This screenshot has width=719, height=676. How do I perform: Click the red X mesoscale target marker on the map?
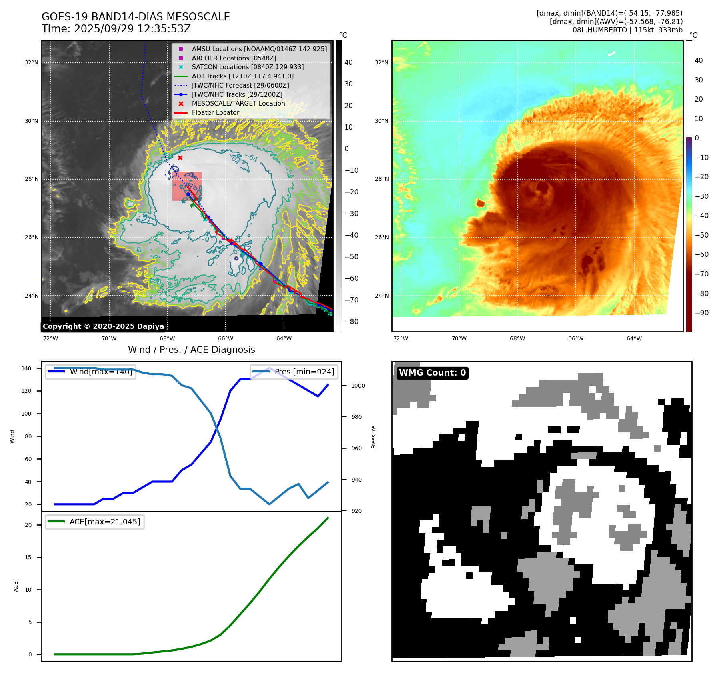pos(180,158)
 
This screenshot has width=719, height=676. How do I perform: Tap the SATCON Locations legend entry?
pos(248,67)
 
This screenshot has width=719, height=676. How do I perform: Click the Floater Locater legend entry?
pos(215,112)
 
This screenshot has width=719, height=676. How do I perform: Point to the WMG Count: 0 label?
pos(432,373)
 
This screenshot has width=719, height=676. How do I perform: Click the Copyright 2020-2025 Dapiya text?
pos(103,326)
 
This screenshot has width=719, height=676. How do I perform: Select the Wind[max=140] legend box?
pos(90,372)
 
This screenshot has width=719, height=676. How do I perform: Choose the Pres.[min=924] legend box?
pos(294,372)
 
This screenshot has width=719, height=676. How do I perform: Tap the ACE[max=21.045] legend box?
pos(95,522)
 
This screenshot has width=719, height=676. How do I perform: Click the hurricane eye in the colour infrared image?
pos(542,187)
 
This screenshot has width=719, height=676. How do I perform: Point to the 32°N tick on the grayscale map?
pos(32,63)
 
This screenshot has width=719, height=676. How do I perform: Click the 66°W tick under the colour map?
pos(575,338)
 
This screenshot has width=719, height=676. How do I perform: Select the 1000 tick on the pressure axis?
pos(358,386)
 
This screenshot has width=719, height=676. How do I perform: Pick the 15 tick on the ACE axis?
pos(28,557)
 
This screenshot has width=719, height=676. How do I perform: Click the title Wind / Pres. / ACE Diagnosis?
pos(191,350)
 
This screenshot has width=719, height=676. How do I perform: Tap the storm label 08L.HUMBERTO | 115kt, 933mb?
pos(627,30)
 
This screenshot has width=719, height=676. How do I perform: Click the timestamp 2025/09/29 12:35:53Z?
pos(132,29)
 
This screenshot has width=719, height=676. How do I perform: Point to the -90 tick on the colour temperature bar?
pos(701,313)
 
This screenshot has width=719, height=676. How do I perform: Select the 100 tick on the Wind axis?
pos(26,414)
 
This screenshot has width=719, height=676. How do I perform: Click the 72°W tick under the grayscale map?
pos(50,338)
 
